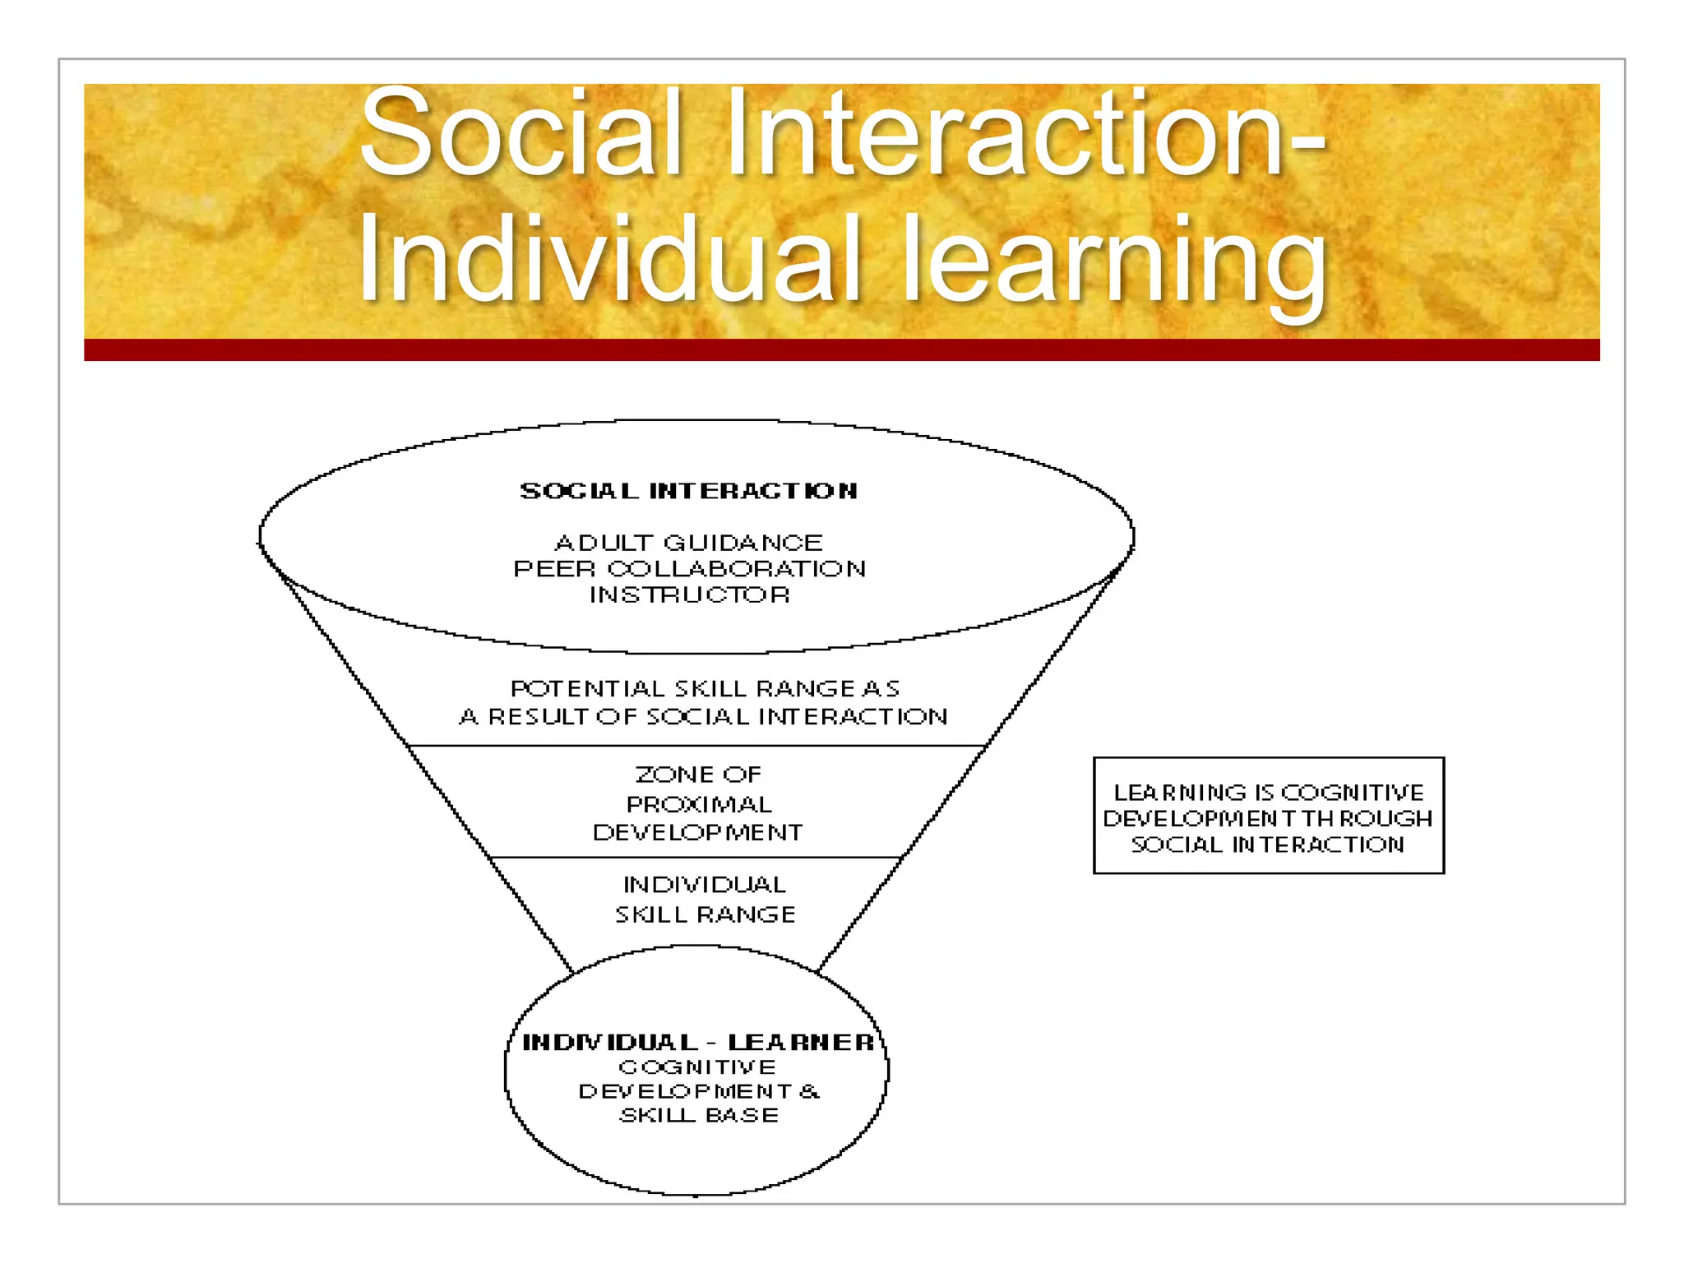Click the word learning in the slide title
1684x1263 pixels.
(1114, 261)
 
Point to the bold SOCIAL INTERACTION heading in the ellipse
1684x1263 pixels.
(689, 491)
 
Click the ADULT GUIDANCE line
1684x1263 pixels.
(689, 543)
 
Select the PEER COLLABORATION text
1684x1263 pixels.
(689, 569)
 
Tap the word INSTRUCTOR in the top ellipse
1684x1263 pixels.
(689, 594)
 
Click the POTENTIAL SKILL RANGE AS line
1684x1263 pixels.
(705, 688)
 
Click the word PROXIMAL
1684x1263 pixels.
(699, 804)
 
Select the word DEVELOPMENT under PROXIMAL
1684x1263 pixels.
(697, 832)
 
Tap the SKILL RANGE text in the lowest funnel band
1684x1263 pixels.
(706, 914)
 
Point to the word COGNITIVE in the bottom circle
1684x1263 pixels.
(697, 1067)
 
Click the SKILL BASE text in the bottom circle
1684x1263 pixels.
(699, 1115)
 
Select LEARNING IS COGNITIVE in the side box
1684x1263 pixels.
(1268, 793)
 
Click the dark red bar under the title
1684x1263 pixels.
(841, 349)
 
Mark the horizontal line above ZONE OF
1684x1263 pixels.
(697, 746)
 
